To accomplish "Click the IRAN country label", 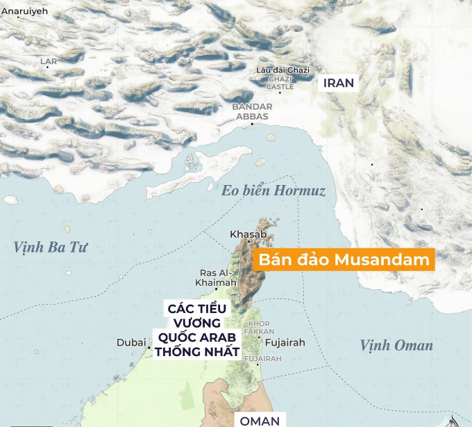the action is [339, 83].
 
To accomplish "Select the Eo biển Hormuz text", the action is [273, 191].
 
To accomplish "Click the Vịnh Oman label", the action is [396, 346].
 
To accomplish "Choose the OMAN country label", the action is [260, 420].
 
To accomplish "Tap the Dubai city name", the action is [130, 343].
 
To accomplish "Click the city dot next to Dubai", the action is [149, 344].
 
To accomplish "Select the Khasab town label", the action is [248, 234].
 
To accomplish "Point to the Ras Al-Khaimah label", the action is [215, 277].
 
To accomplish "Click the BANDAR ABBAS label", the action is [252, 111].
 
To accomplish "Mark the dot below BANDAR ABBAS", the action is [252, 124].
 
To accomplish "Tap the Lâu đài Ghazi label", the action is [283, 70].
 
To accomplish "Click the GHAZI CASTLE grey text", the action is [280, 83].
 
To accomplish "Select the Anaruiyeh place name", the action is [24, 12].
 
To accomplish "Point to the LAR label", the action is [49, 61].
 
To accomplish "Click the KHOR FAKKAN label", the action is [260, 328].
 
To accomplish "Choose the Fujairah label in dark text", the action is [285, 343].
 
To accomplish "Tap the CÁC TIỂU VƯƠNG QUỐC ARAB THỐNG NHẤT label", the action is [196, 330].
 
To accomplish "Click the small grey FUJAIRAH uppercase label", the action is [264, 358].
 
